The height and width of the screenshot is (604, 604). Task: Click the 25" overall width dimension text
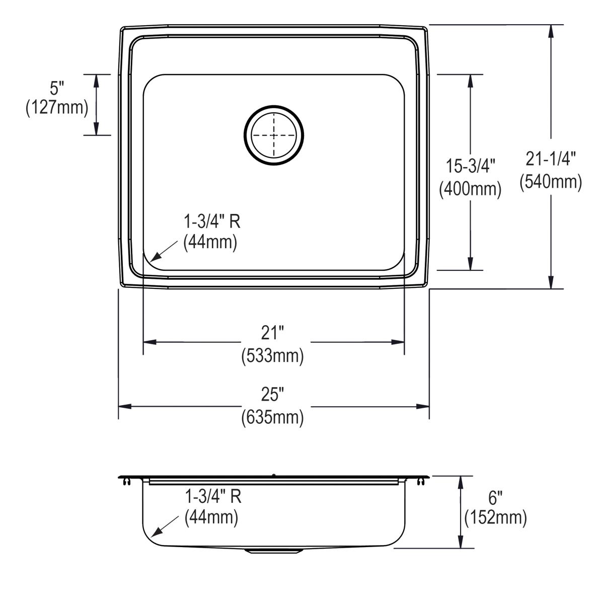(x=272, y=395)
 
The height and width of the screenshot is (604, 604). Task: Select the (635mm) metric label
(x=272, y=417)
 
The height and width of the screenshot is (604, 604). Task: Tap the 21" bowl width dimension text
(x=272, y=333)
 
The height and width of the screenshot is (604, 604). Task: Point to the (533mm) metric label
(x=272, y=356)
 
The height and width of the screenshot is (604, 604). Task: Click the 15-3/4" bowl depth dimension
(x=471, y=166)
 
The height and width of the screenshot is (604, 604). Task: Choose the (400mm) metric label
(x=471, y=189)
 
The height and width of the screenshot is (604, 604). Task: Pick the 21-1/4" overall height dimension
(x=551, y=159)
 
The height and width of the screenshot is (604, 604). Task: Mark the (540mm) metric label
(x=551, y=182)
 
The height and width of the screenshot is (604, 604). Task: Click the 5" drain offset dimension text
(x=57, y=89)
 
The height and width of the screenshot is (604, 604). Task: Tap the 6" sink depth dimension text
(x=496, y=499)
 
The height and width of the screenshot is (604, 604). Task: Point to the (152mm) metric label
(x=496, y=518)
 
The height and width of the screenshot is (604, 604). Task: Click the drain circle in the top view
(x=274, y=135)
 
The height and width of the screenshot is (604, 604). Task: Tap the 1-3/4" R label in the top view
(x=211, y=221)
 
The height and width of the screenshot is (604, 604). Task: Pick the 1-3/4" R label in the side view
(x=213, y=497)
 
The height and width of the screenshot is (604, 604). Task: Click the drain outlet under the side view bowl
(x=274, y=551)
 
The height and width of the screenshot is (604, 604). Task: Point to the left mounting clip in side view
(x=126, y=482)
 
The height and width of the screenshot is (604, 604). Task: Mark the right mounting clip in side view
(x=420, y=482)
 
